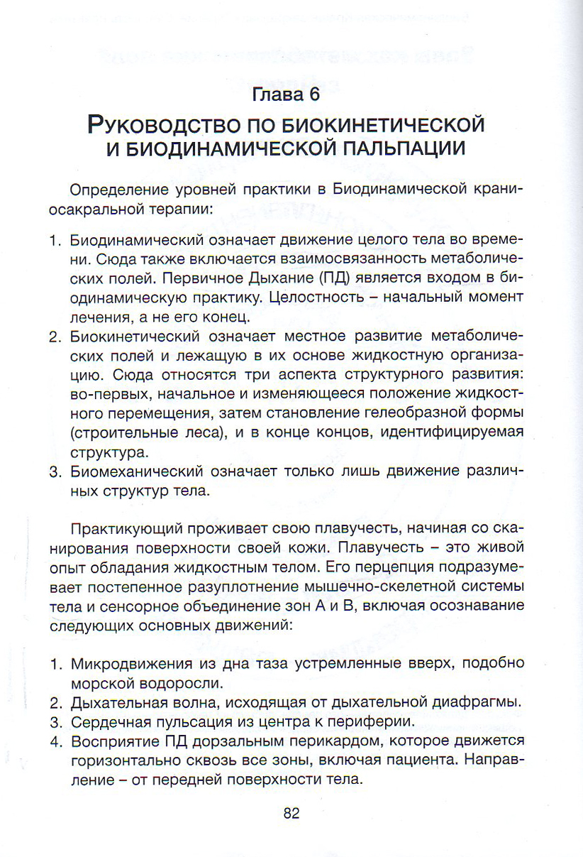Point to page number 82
pyautogui.click(x=291, y=813)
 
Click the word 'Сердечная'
pyautogui.click(x=104, y=722)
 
